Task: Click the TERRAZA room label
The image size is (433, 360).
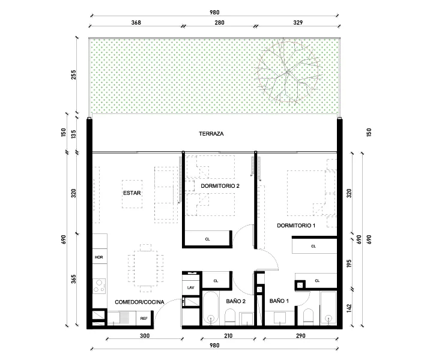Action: (x=211, y=134)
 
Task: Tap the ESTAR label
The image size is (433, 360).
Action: (x=132, y=193)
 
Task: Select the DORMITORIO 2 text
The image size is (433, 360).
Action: (x=220, y=186)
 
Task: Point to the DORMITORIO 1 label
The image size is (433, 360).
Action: (x=296, y=226)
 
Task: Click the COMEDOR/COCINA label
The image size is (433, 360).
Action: (x=139, y=302)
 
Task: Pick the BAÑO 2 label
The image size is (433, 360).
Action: (x=236, y=301)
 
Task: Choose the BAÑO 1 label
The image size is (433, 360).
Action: (x=279, y=301)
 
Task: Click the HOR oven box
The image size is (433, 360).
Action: (x=100, y=257)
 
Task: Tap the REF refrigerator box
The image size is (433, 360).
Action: (x=144, y=319)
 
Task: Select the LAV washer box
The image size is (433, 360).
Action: (x=190, y=287)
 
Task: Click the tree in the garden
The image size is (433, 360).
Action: (x=288, y=71)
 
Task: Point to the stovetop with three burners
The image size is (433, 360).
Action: (x=99, y=286)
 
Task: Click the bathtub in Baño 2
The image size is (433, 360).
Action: (x=211, y=308)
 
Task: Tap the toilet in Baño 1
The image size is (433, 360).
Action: (x=309, y=317)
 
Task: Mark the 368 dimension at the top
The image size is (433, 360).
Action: (x=136, y=23)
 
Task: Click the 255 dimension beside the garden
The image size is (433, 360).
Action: (x=73, y=75)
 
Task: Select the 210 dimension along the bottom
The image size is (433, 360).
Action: (x=228, y=336)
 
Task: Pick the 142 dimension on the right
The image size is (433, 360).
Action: (x=349, y=308)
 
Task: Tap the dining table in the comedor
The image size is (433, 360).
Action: (x=145, y=268)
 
